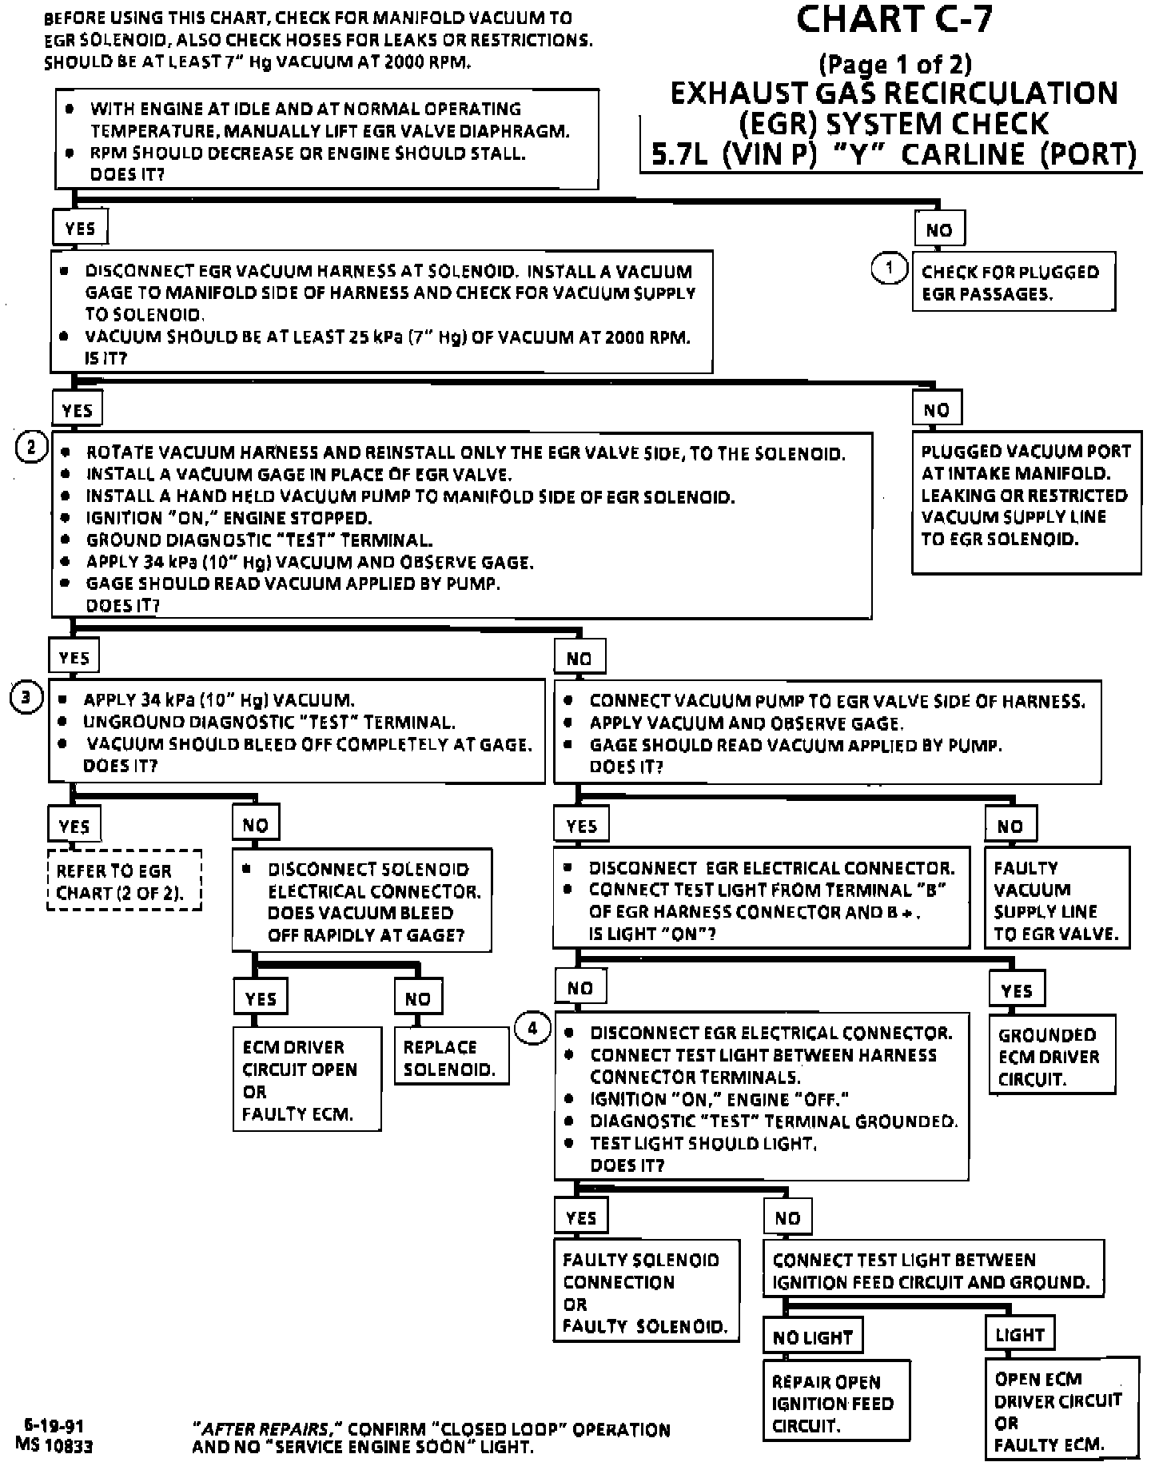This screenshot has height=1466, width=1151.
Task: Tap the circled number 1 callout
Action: click(888, 268)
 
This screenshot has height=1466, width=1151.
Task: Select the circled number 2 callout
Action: click(31, 446)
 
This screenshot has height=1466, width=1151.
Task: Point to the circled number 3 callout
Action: click(26, 698)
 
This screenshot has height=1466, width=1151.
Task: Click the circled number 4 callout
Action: click(533, 1027)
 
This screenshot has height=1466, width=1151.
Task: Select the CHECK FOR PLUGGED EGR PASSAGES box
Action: click(1014, 282)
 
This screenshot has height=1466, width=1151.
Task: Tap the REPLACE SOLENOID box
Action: click(452, 1058)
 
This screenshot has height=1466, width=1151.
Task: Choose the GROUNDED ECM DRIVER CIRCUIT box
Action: click(1052, 1056)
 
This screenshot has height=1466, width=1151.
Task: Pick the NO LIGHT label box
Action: click(813, 1337)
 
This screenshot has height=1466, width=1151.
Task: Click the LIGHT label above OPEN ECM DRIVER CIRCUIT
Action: click(1019, 1334)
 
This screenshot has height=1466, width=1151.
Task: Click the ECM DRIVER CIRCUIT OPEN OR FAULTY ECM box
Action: click(307, 1080)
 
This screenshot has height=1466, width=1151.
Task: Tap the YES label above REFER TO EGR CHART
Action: click(74, 826)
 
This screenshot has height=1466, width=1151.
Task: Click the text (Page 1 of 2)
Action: click(894, 63)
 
